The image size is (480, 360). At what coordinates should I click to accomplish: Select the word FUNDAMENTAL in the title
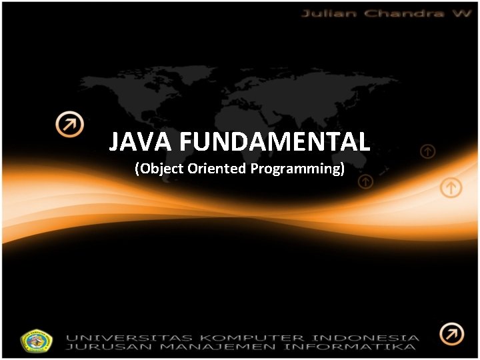275,142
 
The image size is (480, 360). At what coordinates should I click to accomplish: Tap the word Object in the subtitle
163,168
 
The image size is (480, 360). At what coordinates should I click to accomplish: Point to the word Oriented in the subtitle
217,168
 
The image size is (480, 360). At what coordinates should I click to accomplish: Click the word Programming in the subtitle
296,169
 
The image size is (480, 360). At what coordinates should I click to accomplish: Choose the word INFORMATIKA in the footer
351,347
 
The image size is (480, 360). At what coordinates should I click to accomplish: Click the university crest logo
37,341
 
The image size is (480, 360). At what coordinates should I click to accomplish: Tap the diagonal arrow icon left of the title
69,124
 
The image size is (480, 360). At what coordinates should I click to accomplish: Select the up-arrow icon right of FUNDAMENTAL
427,152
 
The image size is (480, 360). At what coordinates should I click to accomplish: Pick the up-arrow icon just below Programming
365,181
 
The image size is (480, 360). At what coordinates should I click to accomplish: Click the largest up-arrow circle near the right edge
451,187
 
